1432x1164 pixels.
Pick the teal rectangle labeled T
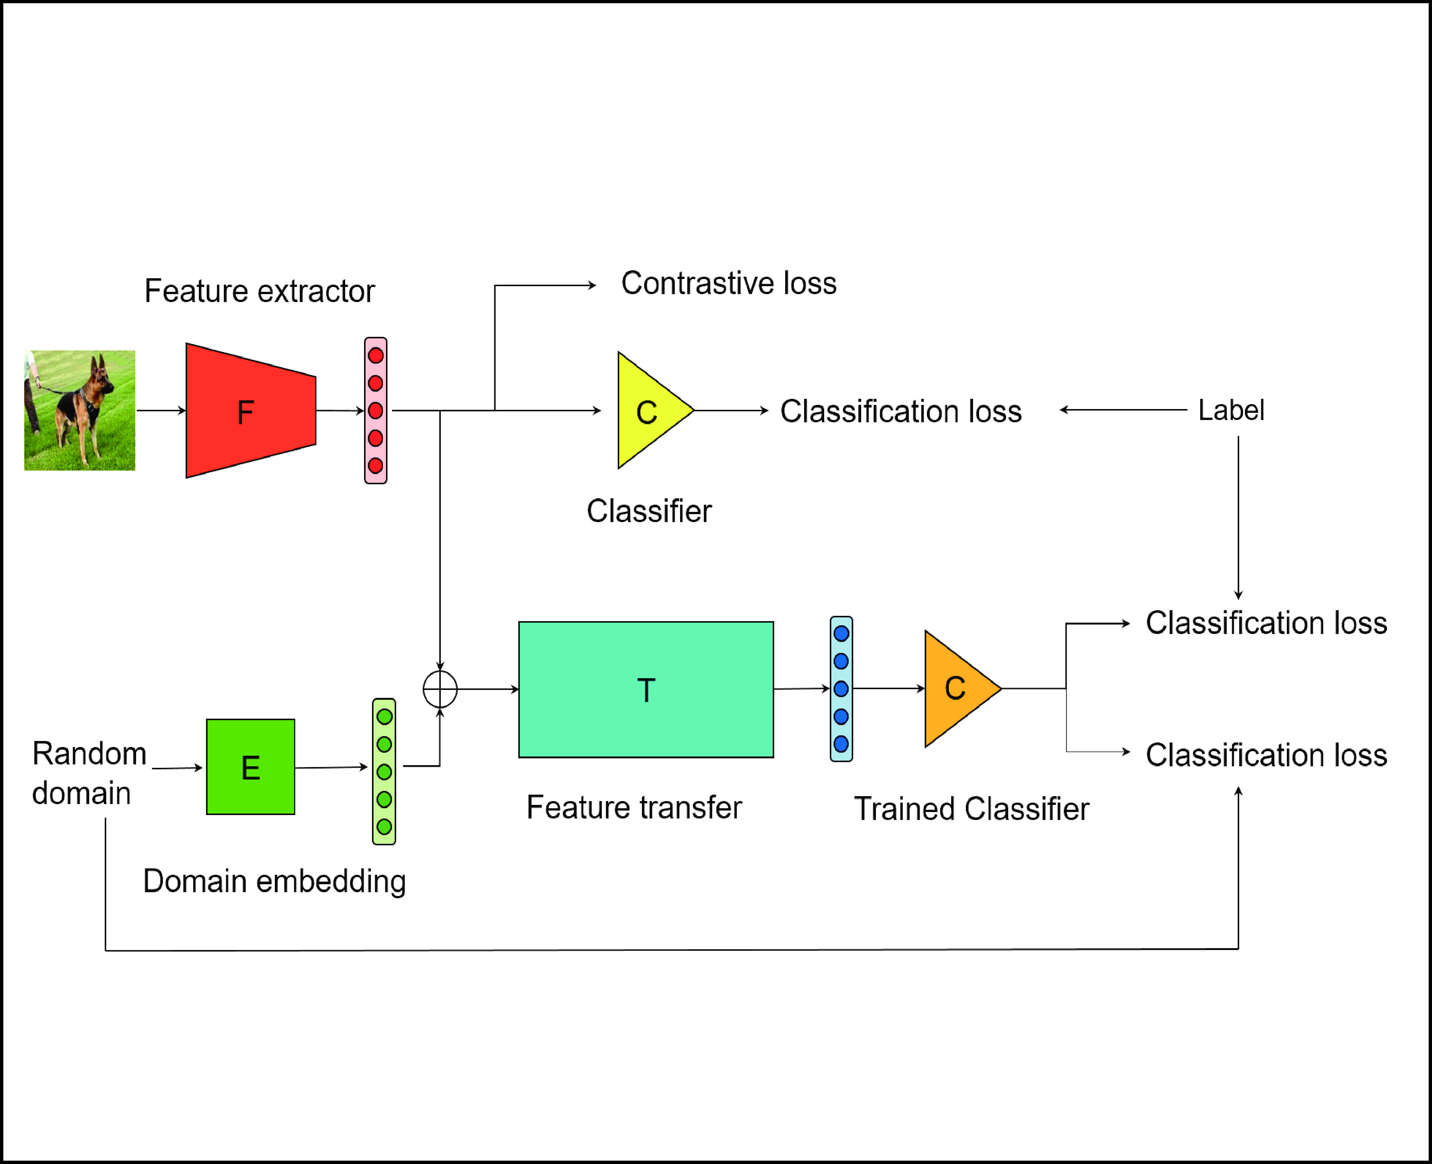tap(646, 689)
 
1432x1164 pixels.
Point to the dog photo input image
tap(80, 410)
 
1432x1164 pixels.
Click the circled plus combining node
tap(440, 689)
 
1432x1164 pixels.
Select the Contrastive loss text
tap(729, 283)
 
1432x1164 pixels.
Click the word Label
tap(1231, 410)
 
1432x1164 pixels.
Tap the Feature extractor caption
tap(259, 291)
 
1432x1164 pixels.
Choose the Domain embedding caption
tap(274, 881)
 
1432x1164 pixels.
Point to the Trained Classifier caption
tap(971, 809)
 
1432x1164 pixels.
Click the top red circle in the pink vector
tap(375, 355)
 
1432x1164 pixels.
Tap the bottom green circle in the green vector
tap(384, 827)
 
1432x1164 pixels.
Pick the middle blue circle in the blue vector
tap(842, 689)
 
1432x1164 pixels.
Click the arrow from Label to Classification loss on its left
tap(1123, 410)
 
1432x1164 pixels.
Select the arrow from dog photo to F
tap(161, 410)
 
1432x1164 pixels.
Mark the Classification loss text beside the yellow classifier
tap(900, 411)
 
